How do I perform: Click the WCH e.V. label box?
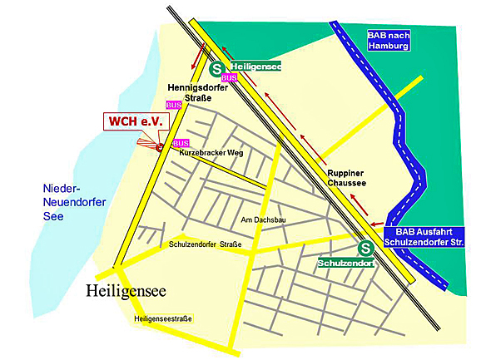pos(136,121)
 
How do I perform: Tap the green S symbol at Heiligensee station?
pos(216,71)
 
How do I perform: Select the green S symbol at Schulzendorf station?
pos(365,248)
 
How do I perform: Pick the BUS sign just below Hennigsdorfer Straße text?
pos(174,105)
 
